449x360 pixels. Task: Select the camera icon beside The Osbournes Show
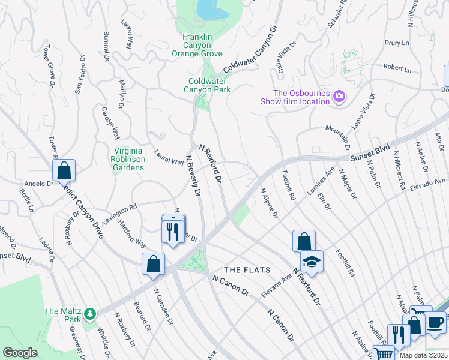pos(340,97)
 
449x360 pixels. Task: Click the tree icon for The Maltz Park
pos(90,313)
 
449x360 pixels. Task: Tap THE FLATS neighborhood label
pos(247,269)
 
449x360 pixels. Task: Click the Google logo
pos(20,353)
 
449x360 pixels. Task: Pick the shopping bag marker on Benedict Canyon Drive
pos(63,171)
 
